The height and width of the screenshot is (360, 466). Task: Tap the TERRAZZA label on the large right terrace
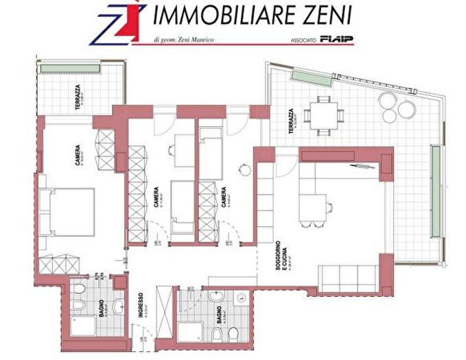(x=292, y=121)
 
